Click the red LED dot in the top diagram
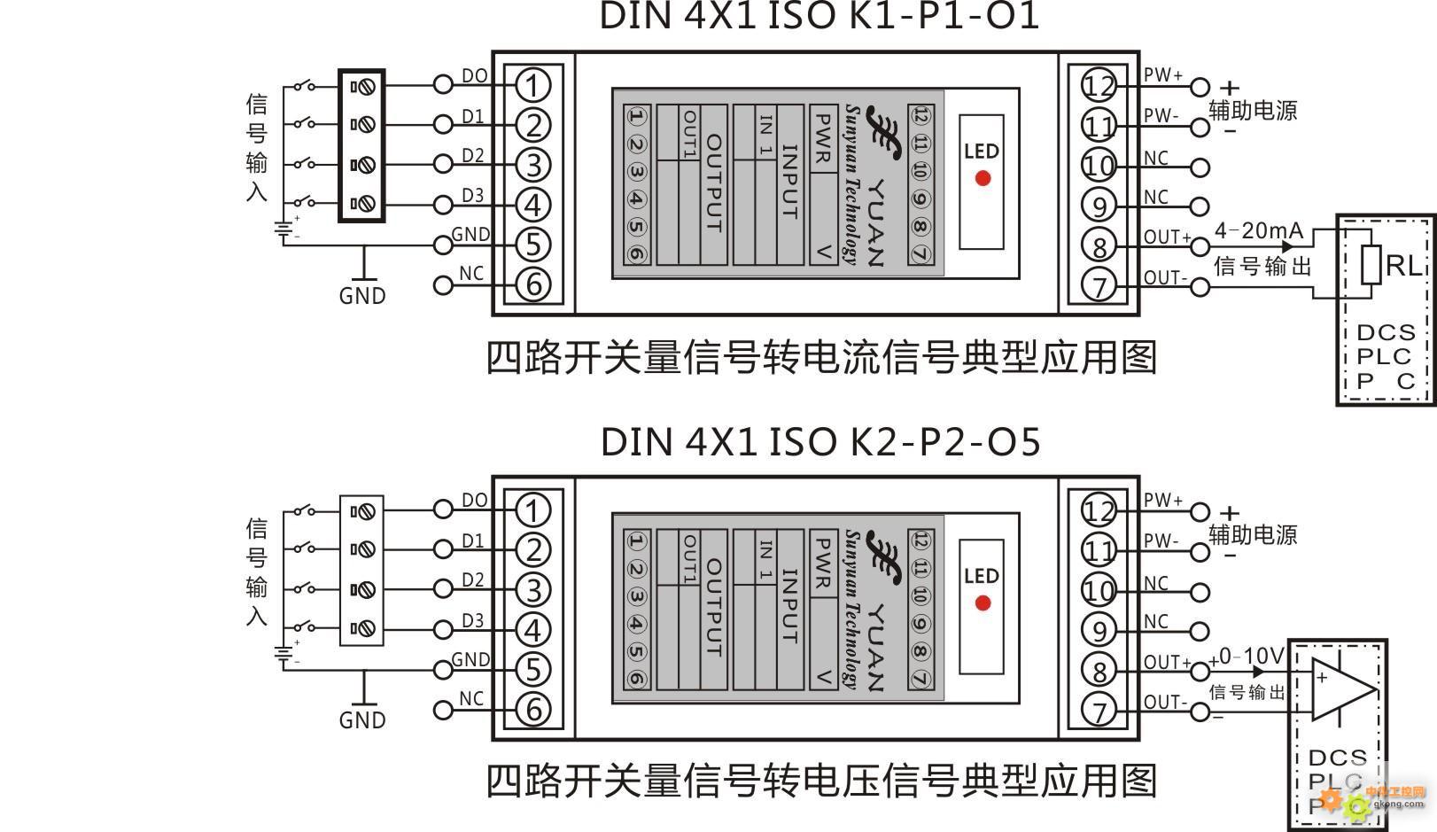[983, 178]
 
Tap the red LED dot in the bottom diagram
[983, 603]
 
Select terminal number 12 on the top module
[1099, 86]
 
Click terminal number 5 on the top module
[532, 245]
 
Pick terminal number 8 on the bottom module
[1099, 671]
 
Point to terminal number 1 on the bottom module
[532, 510]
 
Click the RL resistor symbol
[1371, 265]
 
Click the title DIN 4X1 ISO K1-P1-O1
[819, 16]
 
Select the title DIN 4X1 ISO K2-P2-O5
[819, 441]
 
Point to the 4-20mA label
[1259, 231]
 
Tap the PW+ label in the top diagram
[1162, 75]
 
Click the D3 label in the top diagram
[473, 195]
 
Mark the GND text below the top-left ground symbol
[362, 296]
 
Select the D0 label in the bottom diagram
[474, 501]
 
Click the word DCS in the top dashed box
[1386, 332]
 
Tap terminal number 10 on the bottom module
[1099, 591]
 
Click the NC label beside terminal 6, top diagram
[471, 274]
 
